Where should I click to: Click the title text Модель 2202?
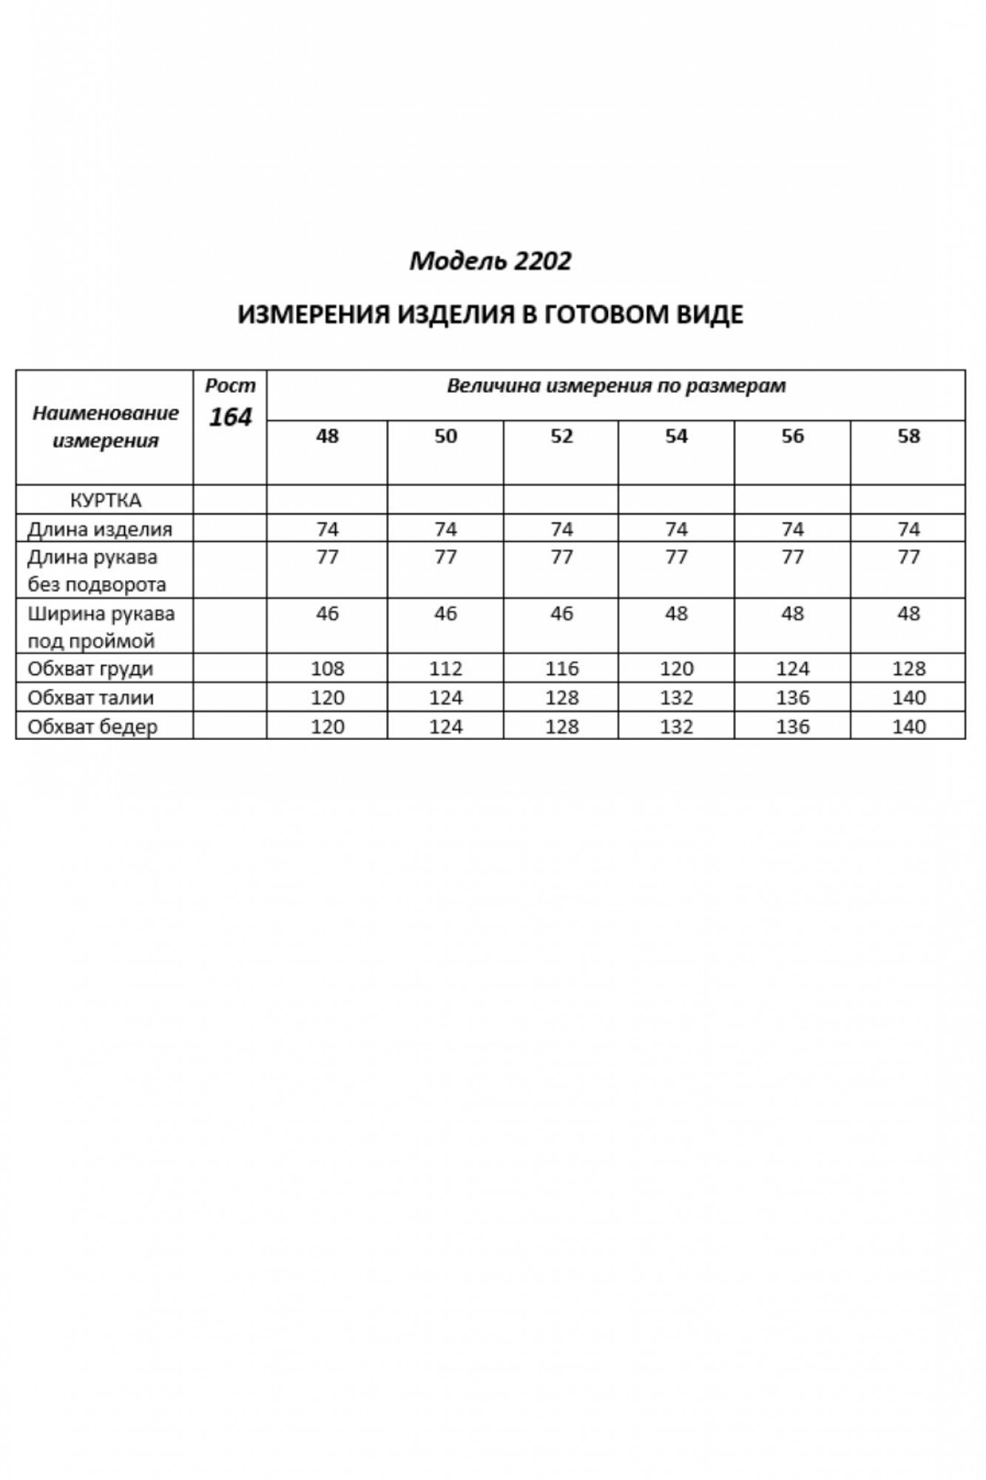click(490, 261)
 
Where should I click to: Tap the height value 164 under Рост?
click(230, 418)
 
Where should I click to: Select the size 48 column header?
click(327, 436)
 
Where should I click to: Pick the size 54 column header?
click(676, 436)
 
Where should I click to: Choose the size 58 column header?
click(908, 436)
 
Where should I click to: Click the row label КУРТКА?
click(105, 500)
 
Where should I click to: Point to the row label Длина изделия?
click(100, 529)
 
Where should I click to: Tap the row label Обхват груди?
click(90, 669)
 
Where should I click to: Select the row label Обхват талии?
click(90, 698)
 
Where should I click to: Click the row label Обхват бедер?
click(92, 727)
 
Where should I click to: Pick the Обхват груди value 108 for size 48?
click(327, 669)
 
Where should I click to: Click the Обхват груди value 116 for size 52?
click(561, 669)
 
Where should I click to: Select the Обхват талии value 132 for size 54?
click(676, 698)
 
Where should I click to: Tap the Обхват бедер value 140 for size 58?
click(908, 727)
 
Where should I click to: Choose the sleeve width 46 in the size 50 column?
click(445, 613)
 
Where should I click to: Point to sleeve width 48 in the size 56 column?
click(792, 613)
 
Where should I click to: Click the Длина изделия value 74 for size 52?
click(561, 529)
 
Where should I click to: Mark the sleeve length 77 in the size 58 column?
click(908, 557)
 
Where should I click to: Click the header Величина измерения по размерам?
click(616, 386)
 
